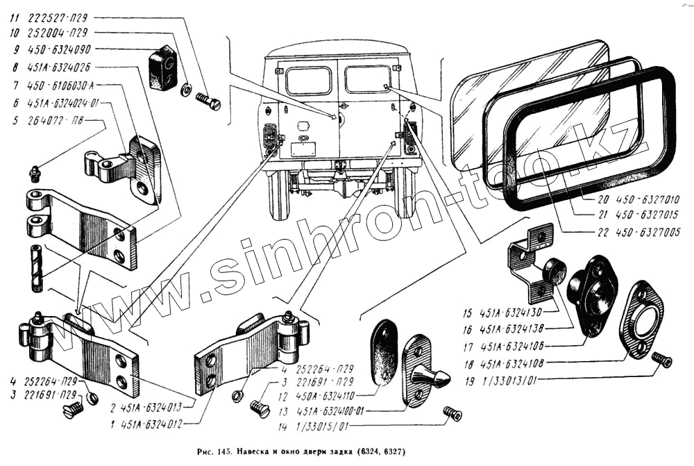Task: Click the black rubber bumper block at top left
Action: (164, 68)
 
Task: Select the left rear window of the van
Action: (308, 81)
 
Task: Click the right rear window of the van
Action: (368, 78)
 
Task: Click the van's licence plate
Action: (303, 148)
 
